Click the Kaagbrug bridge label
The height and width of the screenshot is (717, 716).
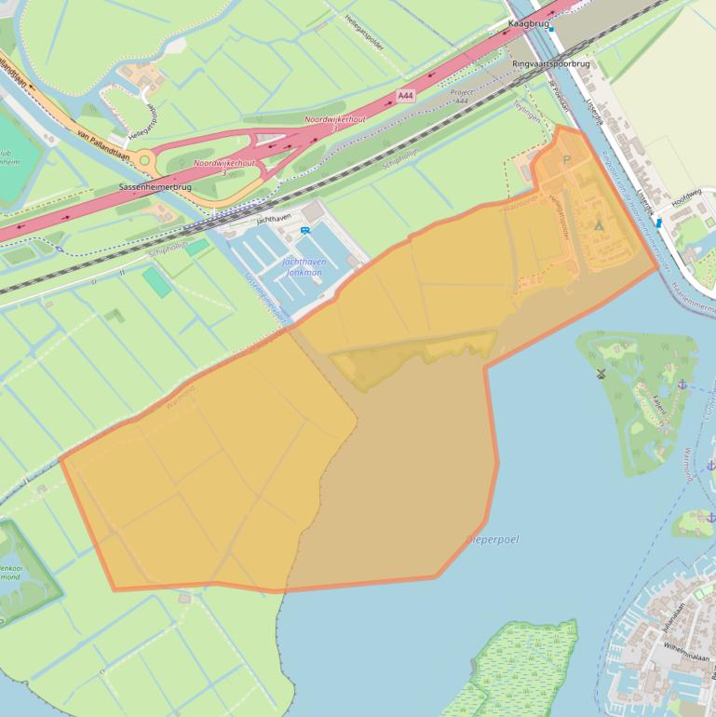click(528, 23)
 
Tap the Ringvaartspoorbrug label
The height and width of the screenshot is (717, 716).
click(551, 64)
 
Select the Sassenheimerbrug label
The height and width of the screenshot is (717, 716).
click(155, 187)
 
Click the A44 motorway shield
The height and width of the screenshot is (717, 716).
click(405, 95)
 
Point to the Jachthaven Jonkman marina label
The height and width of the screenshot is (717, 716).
click(304, 267)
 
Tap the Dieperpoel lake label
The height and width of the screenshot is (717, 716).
click(493, 540)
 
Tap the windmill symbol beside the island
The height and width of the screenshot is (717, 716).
click(601, 374)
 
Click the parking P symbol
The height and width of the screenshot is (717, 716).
click(568, 160)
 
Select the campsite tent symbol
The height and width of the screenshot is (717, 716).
click(599, 225)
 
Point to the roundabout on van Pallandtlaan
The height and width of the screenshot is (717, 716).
click(144, 161)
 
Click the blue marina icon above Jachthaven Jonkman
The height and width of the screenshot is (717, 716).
click(305, 231)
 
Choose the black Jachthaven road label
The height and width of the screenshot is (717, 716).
click(274, 217)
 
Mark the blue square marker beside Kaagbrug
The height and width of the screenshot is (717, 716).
click(552, 29)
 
